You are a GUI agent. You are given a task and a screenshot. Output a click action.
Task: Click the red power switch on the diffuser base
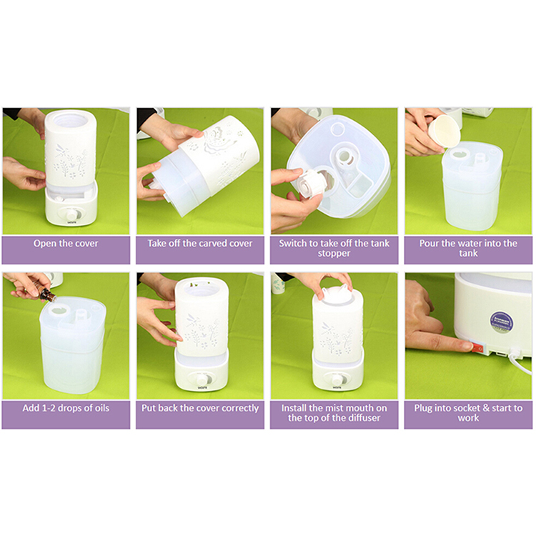click(478, 348)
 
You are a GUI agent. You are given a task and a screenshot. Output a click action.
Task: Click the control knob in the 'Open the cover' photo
click(71, 215)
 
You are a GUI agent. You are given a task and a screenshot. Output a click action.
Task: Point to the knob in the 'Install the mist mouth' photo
click(339, 379)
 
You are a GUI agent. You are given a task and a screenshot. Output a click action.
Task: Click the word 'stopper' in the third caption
click(334, 254)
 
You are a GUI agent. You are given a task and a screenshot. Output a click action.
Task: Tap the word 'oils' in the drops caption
click(101, 408)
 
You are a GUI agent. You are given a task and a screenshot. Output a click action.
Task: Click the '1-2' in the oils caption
click(54, 408)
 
